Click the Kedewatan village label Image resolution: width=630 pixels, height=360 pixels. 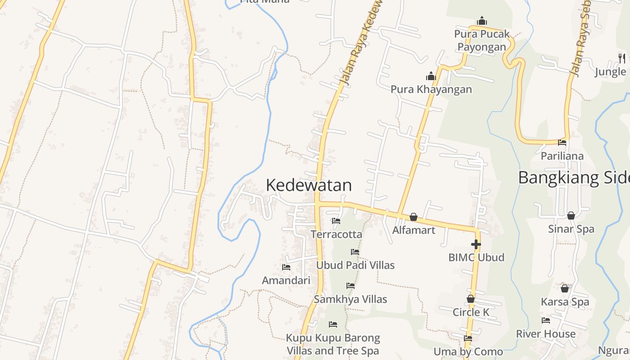pos(309,185)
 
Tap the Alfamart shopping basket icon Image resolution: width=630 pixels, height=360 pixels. pos(414,217)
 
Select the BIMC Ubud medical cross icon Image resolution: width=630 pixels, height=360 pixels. pos(476,244)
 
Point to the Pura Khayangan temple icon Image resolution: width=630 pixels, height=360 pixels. pos(431,76)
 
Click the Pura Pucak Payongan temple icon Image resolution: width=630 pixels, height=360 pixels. pos(482,21)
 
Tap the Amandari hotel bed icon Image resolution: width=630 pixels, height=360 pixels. pos(286,267)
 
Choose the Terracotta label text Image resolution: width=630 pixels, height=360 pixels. pos(336,234)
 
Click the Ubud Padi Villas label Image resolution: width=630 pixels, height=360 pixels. pos(355,265)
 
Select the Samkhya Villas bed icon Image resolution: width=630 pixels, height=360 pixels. pos(351,286)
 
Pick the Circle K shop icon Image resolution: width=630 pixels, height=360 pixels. pos(471,299)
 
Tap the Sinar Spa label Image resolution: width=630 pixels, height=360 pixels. pos(571,229)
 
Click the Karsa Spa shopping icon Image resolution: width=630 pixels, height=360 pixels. pos(565,288)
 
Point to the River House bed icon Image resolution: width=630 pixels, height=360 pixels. pos(546,320)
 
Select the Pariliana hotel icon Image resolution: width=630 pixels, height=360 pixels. pos(562,143)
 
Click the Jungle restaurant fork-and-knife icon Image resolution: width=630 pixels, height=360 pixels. pos(621,58)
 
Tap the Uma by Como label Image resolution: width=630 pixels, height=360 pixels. pos(468,351)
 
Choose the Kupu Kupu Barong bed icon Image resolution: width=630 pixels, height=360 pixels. pos(333,324)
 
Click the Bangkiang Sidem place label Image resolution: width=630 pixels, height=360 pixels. pos(574,178)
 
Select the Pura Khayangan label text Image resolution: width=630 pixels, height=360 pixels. pos(431,89)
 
